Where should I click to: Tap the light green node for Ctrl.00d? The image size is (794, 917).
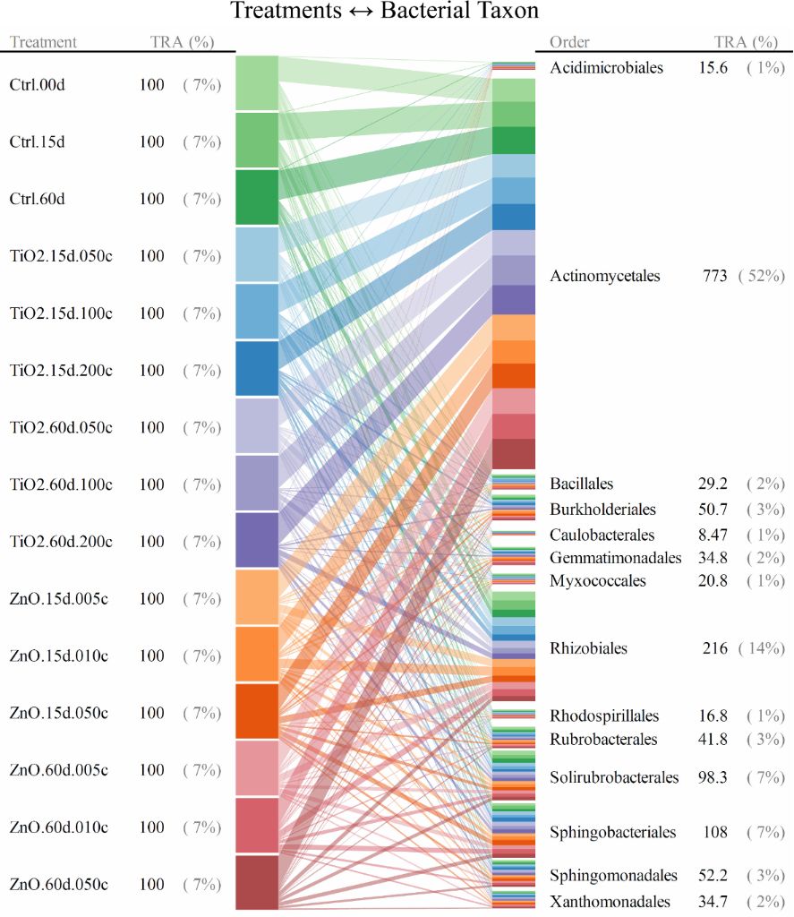pos(257,82)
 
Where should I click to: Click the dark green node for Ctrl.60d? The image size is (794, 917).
pos(257,197)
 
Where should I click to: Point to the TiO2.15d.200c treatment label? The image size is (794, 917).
pos(61,371)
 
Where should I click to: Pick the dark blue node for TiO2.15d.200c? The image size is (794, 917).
pos(257,368)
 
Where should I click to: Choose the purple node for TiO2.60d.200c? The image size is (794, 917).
pos(257,540)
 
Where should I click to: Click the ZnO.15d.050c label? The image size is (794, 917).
pos(59,714)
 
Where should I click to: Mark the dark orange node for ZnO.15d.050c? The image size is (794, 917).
pos(257,711)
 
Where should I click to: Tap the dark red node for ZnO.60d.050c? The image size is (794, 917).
pos(257,882)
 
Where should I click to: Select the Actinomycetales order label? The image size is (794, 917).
pos(605,277)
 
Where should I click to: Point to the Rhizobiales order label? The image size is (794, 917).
pos(588,648)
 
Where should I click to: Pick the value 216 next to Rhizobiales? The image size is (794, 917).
pos(714,648)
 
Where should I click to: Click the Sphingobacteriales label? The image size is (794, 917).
pos(613,833)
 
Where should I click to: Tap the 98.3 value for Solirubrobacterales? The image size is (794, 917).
pos(713,777)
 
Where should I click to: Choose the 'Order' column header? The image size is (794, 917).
pos(569,42)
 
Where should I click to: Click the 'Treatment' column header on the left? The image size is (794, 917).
pos(43,42)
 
